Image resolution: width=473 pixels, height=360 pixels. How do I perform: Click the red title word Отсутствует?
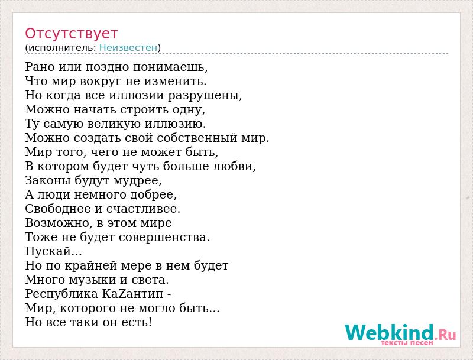tap(71, 34)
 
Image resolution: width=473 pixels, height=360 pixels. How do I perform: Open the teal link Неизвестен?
tap(128, 48)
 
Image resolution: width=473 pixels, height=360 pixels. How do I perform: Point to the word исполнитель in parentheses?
tap(63, 48)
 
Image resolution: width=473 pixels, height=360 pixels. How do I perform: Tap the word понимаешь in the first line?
tap(170, 67)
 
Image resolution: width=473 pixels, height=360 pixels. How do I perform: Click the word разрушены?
tap(205, 95)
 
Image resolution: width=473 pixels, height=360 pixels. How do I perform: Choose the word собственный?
tap(197, 138)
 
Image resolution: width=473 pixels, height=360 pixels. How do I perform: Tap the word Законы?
tap(48, 180)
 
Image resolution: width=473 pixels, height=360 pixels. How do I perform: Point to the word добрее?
tap(153, 194)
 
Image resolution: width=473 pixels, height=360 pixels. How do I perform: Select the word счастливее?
tap(143, 209)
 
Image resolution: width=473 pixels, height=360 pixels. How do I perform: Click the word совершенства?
tap(164, 237)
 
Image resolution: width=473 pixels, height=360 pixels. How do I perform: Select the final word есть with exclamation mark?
tap(137, 322)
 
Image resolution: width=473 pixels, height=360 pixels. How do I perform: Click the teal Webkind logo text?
tap(389, 333)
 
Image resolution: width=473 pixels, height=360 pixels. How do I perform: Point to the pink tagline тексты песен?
tap(407, 343)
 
